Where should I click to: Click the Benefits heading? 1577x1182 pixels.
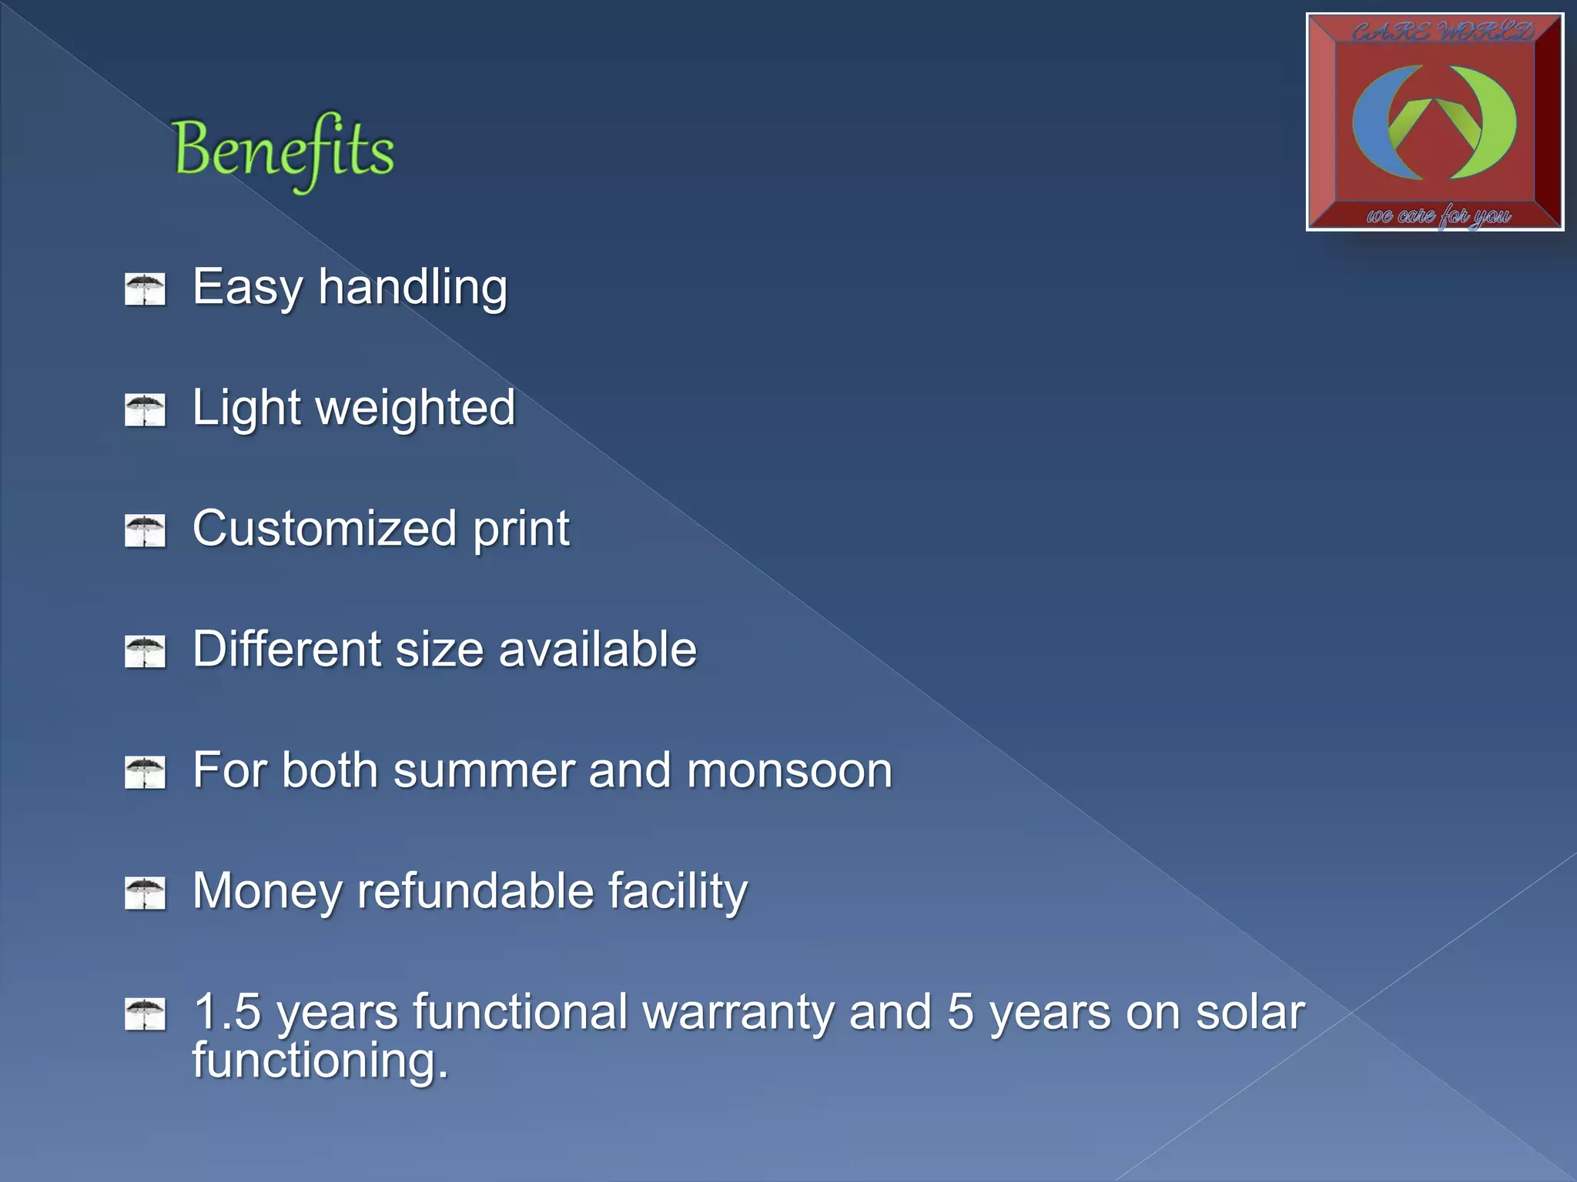[x=283, y=151]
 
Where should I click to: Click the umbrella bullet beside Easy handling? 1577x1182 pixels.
[x=145, y=289]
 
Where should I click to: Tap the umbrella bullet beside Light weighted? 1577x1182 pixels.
[x=145, y=410]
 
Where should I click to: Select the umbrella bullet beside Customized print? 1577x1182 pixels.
[x=145, y=531]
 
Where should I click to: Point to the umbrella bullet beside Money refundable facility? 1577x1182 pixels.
[x=145, y=893]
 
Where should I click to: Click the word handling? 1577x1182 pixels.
[x=413, y=287]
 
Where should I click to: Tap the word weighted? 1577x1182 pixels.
[x=416, y=408]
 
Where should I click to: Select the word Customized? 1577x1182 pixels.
[x=324, y=529]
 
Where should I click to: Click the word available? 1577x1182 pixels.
[x=598, y=649]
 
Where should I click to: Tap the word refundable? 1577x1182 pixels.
[x=475, y=891]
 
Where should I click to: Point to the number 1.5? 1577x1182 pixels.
[x=228, y=1012]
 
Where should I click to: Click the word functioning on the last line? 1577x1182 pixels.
[x=320, y=1060]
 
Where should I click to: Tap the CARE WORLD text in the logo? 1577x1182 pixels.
[x=1441, y=32]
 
